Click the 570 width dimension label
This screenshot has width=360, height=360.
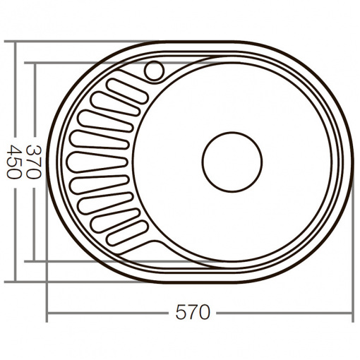click(193, 312)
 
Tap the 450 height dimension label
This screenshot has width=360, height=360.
click(13, 162)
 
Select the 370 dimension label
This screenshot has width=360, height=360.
click(33, 162)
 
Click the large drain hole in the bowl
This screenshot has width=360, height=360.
click(232, 162)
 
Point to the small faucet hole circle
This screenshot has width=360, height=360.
click(154, 71)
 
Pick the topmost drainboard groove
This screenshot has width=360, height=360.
click(128, 91)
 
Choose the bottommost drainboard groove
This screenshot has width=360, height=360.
click(128, 233)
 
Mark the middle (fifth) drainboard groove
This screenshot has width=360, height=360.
click(97, 162)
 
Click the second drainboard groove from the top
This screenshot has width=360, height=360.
click(115, 104)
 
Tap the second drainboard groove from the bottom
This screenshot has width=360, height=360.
click(115, 220)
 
